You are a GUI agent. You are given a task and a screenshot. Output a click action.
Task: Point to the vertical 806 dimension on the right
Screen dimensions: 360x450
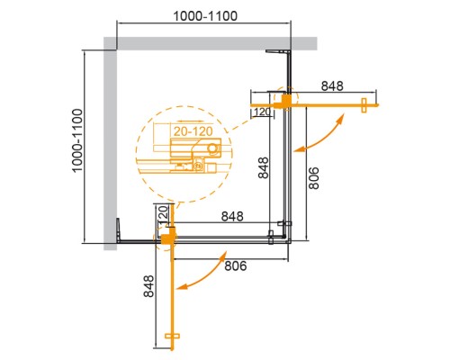coord(310,178)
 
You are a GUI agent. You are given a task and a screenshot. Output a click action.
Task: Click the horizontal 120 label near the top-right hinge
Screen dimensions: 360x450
coord(262,112)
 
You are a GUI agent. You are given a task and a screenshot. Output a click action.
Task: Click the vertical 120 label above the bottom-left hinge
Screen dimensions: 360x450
coord(163,215)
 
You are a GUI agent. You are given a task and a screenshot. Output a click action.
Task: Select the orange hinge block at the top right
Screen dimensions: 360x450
coord(286,100)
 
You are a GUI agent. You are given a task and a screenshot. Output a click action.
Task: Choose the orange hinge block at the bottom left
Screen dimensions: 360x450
coord(166,238)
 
